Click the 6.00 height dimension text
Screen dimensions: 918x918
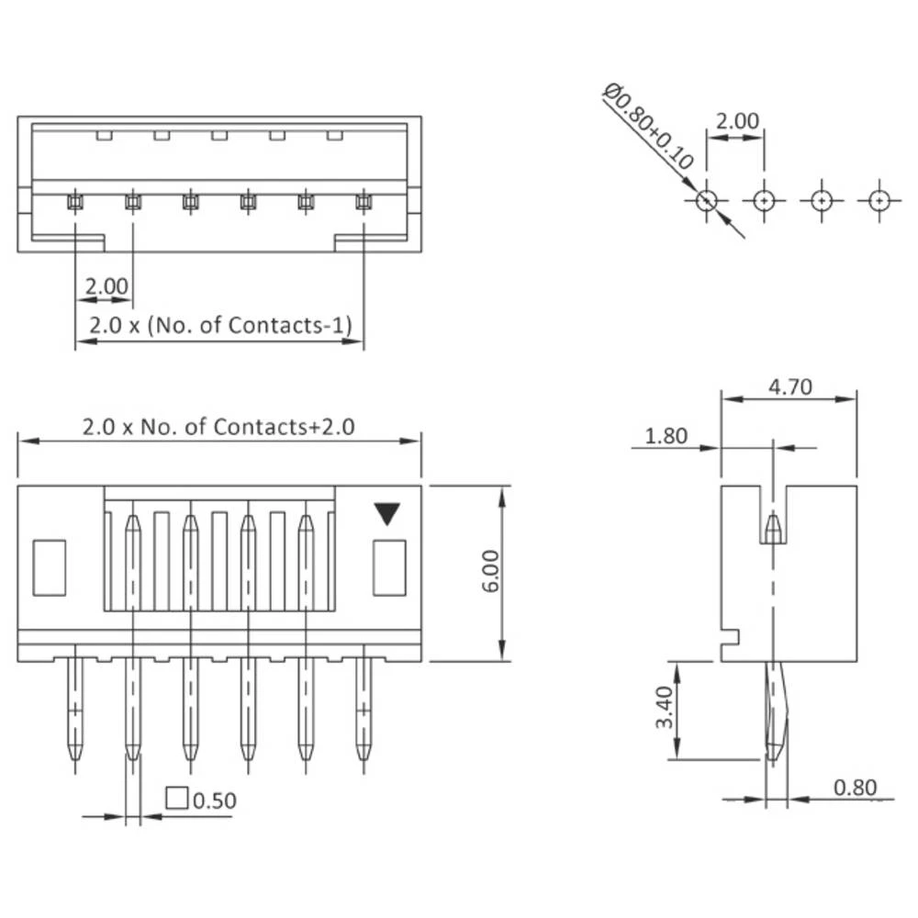490,572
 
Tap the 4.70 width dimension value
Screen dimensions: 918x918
789,386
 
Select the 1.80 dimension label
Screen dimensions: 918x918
666,436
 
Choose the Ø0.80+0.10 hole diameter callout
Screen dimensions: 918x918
648,126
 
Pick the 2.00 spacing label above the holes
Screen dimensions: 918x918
737,121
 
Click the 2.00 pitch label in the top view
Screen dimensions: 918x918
106,286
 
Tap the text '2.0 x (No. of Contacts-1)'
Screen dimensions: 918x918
220,325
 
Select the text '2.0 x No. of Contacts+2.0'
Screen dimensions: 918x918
218,426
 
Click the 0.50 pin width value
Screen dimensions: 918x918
216,800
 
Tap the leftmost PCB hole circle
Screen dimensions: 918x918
706,199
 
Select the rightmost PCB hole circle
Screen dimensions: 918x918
879,199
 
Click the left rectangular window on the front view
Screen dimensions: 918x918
50,567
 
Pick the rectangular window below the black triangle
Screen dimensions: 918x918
389,567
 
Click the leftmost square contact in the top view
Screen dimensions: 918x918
74,200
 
